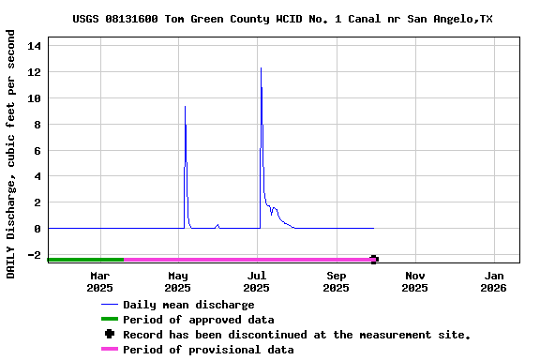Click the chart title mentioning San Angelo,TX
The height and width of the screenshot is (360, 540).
click(x=282, y=19)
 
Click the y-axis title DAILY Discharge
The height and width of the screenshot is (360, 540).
click(x=11, y=154)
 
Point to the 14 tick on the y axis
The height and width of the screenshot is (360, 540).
click(x=34, y=45)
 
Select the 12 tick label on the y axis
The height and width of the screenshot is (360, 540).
click(x=34, y=71)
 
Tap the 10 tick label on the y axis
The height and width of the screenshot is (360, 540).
click(x=34, y=97)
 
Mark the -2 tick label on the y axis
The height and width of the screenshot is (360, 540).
click(x=34, y=255)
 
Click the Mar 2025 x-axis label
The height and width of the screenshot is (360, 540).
click(x=100, y=281)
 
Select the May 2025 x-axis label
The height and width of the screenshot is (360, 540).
click(x=178, y=281)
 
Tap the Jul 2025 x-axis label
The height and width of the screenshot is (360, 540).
click(x=257, y=281)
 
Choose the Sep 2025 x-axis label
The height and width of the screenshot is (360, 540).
click(x=337, y=281)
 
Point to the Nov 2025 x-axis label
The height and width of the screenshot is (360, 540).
click(x=415, y=281)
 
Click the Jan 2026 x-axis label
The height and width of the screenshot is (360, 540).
click(x=494, y=281)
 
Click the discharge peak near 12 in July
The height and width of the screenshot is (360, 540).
click(x=261, y=68)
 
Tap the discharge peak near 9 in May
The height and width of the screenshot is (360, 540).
click(x=185, y=107)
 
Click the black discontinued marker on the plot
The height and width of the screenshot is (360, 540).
click(x=374, y=260)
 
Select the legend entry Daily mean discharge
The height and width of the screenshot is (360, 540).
click(x=188, y=305)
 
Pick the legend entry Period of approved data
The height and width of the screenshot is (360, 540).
click(x=198, y=320)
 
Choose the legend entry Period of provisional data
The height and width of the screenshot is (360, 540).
click(x=207, y=350)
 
